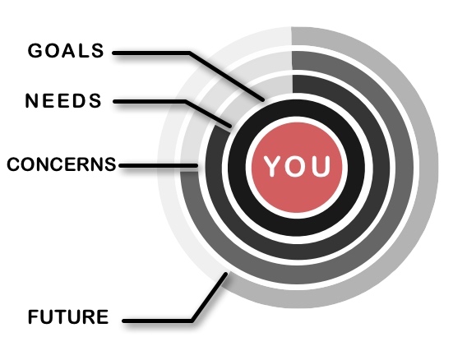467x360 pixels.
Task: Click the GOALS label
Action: (x=66, y=51)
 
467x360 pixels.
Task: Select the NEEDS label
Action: (x=63, y=100)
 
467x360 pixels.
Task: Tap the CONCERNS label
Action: (x=62, y=164)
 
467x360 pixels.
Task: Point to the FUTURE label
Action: (x=68, y=316)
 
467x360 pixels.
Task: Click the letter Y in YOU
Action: (x=274, y=166)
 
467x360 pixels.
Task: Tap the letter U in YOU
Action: (x=320, y=166)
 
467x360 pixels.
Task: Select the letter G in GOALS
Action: (x=35, y=51)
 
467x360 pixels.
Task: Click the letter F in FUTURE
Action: (x=34, y=316)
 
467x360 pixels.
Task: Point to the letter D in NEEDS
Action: (x=77, y=100)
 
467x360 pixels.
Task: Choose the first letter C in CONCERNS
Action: (x=14, y=164)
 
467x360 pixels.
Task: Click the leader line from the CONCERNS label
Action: (x=159, y=165)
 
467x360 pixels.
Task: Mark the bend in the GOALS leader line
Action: (x=189, y=53)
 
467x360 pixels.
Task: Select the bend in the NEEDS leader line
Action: (x=185, y=102)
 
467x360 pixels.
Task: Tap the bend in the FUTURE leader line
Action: (x=192, y=321)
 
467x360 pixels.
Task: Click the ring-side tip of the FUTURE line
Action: (x=226, y=274)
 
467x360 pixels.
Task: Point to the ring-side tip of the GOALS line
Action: (x=263, y=99)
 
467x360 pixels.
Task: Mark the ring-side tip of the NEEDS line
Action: (x=230, y=126)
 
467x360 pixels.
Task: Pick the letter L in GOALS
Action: (x=85, y=51)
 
